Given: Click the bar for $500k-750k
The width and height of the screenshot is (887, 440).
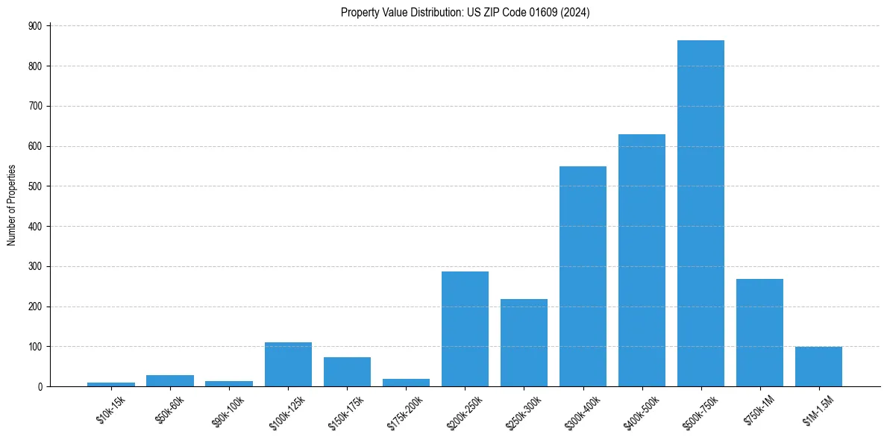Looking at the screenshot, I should pos(700,213).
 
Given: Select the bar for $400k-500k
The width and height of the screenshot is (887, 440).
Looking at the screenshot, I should pos(642,260).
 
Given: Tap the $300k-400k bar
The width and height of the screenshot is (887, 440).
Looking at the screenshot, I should pos(583,276).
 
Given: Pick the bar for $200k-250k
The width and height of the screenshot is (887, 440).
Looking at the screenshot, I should pos(465,329).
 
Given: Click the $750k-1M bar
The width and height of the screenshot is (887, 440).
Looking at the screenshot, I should pos(759,333).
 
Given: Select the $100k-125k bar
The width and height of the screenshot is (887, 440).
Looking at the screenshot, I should pos(288,365).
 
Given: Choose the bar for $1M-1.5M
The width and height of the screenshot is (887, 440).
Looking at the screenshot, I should pos(818,367).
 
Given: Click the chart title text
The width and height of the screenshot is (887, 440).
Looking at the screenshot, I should pos(466,13).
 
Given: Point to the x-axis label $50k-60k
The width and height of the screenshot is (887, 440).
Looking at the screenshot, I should pos(170,409).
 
